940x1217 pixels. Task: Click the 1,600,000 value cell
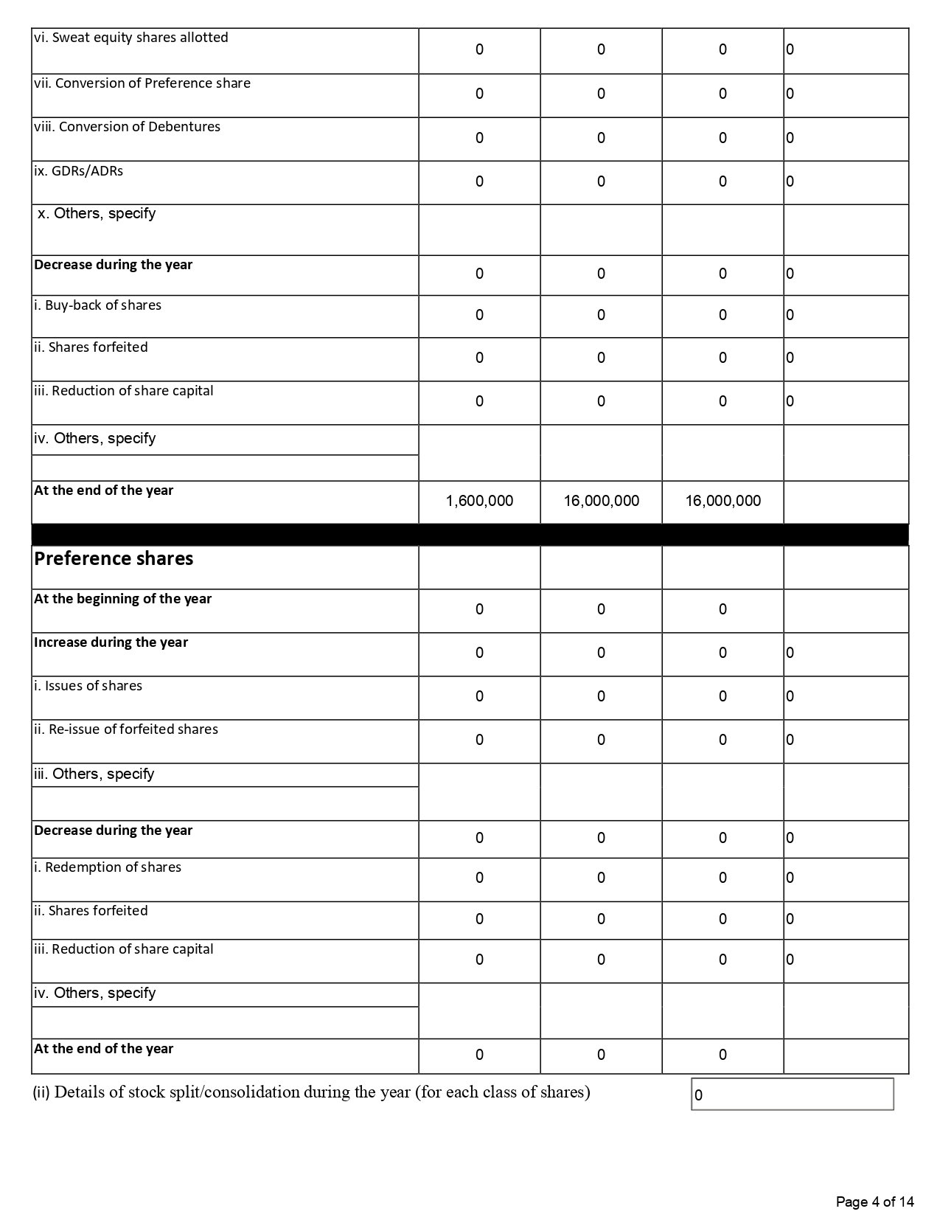479,501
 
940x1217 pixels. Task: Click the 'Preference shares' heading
114,558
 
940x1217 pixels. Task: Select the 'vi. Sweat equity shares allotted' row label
131,38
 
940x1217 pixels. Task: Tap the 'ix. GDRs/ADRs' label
79,171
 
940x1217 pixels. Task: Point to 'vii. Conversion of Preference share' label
142,83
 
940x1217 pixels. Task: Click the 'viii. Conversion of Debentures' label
128,127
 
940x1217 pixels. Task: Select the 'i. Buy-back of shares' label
97,305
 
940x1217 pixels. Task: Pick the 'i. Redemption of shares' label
108,867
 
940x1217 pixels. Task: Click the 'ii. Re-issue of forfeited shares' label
126,729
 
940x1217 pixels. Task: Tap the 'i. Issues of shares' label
88,686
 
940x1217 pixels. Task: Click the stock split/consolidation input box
792,1094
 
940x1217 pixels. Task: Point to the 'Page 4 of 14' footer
874,1202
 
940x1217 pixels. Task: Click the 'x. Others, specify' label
97,214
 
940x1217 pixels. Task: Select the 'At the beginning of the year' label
122,599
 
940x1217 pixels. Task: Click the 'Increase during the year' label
111,642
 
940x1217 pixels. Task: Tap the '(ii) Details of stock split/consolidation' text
311,1092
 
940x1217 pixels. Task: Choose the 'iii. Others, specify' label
94,774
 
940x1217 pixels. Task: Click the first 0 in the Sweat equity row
479,49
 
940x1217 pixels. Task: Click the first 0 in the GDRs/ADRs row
479,181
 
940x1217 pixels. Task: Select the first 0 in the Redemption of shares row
479,878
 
